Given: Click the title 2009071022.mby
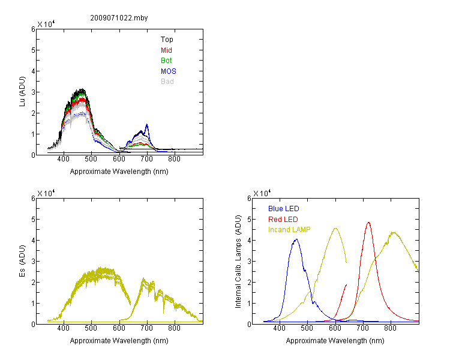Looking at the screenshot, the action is (119, 18).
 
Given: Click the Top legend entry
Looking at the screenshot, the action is (167, 40).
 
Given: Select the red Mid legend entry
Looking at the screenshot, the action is (166, 50).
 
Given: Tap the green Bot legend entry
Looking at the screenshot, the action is (166, 61).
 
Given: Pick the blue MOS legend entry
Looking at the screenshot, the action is (168, 71).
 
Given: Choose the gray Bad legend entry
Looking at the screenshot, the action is (167, 82).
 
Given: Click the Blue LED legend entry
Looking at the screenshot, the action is (284, 209).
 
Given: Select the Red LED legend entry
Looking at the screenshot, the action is (283, 220).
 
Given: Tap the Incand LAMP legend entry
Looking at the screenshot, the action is (289, 230).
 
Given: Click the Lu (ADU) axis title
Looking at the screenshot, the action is (22, 92).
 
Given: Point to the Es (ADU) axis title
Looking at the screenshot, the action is (22, 261).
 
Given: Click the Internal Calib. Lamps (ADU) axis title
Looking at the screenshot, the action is (238, 262).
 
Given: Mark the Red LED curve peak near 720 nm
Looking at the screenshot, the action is (368, 222).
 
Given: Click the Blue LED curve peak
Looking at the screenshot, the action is (296, 239).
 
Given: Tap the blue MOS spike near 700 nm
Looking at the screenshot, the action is (147, 124).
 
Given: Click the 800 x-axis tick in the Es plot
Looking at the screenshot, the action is (174, 328).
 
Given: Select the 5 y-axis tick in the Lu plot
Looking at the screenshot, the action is (33, 50).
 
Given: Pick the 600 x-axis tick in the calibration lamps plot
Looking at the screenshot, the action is (335, 328).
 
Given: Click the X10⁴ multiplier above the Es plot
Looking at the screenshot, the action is (46, 193).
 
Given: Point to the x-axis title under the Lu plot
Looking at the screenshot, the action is (119, 172).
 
